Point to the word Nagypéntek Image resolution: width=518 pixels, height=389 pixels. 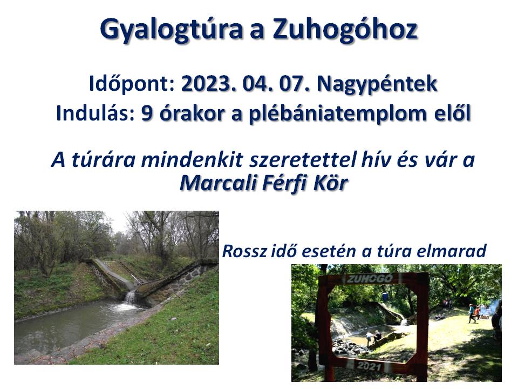coord(377,85)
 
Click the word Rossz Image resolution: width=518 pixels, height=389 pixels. coord(244,251)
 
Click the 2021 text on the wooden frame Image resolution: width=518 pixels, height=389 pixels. coord(369,366)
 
